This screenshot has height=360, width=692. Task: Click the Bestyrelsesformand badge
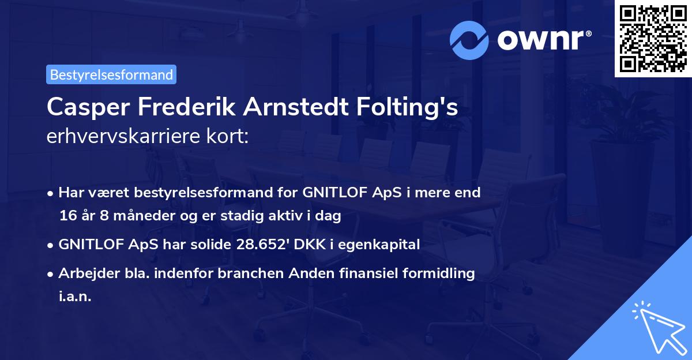pyautogui.click(x=111, y=74)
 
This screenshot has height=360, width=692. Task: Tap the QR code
pyautogui.click(x=652, y=38)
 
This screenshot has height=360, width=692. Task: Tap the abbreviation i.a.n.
pyautogui.click(x=75, y=297)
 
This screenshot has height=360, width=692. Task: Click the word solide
pyautogui.click(x=212, y=245)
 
